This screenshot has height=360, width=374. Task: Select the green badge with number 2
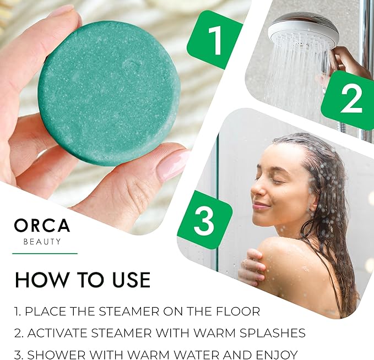point(350,101)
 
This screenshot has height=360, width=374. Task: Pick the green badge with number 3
point(204,220)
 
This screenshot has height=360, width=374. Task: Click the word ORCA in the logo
point(42,226)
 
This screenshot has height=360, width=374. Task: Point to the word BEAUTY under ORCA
point(42,242)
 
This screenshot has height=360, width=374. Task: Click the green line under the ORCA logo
point(45,253)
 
